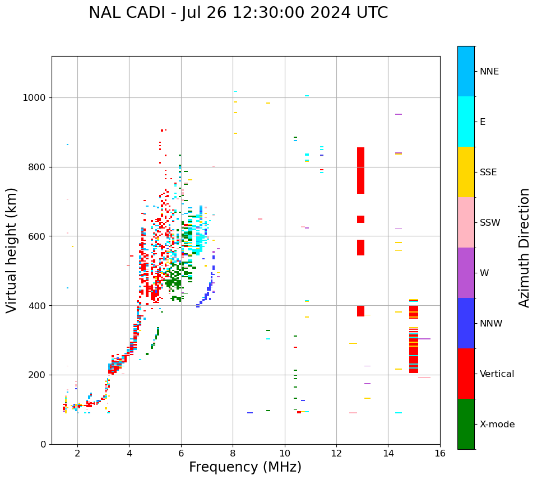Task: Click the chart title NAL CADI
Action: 238,13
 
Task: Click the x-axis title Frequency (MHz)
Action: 245,467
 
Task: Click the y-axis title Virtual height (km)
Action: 12,250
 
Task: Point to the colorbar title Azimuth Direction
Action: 524,248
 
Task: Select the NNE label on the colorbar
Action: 489,72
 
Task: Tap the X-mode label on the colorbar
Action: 497,425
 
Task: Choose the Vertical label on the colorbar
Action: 497,374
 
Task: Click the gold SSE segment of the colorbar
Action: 466,172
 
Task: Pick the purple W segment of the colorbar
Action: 466,273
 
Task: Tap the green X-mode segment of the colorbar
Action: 466,424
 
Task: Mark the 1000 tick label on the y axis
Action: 35,97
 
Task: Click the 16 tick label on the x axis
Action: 440,453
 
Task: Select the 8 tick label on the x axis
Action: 233,453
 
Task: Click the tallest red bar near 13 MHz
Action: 360,170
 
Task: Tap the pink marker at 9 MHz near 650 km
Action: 260,219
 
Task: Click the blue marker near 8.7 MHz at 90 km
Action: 250,413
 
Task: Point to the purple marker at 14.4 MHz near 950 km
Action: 399,114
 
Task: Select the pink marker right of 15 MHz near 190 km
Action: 424,378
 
